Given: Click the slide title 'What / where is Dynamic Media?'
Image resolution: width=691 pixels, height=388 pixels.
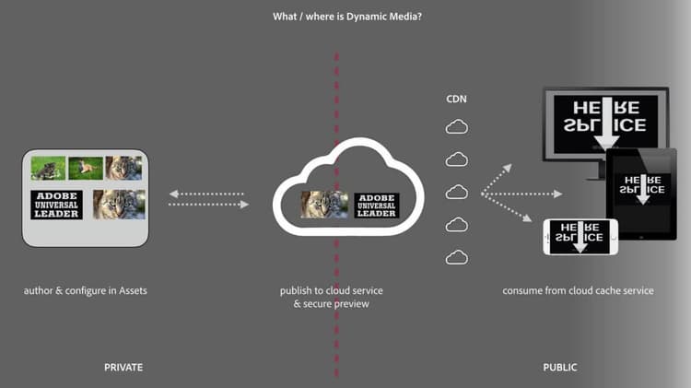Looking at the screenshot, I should (345, 16).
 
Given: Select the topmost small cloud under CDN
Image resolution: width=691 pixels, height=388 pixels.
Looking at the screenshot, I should (456, 127).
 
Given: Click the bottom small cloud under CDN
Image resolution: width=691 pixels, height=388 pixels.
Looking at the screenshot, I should (456, 257).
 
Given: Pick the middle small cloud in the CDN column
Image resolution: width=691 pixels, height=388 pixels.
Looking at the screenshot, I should (456, 192).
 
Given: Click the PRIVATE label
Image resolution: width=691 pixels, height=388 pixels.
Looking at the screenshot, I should (123, 368).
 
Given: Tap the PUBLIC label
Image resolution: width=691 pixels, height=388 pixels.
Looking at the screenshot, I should (559, 368).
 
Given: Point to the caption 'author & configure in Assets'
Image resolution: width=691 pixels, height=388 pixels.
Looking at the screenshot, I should (86, 291).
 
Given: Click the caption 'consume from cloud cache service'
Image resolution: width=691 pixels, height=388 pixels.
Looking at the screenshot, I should (578, 291).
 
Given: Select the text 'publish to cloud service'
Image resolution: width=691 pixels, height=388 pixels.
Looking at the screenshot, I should (332, 291).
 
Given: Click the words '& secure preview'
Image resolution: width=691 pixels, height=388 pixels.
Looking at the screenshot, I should (332, 304).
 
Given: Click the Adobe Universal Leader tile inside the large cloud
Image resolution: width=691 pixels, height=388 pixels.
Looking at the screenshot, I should (376, 205).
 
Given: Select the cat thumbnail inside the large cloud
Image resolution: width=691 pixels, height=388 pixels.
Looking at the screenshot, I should (324, 204).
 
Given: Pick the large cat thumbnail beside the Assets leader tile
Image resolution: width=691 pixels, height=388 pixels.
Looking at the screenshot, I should (117, 204).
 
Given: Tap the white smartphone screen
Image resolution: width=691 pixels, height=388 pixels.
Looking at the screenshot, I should (580, 237).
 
